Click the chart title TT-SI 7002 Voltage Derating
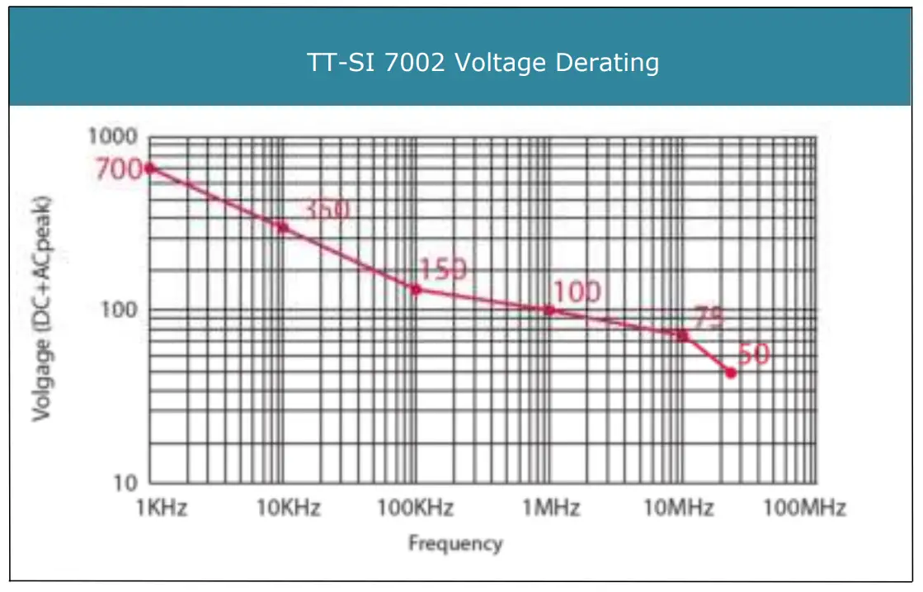[x=483, y=63]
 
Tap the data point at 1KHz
[x=150, y=168]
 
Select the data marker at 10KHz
[x=282, y=227]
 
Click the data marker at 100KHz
[x=417, y=289]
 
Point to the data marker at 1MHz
[x=549, y=310]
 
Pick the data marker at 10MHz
[x=682, y=335]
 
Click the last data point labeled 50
[x=730, y=372]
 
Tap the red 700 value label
[x=119, y=169]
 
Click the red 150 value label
[x=442, y=269]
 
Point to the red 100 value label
[x=576, y=291]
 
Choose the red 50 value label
[x=752, y=355]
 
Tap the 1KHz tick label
[x=161, y=507]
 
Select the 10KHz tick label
[x=288, y=507]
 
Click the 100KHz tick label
[x=415, y=507]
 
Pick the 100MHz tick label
[x=803, y=507]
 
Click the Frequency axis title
[x=454, y=543]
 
